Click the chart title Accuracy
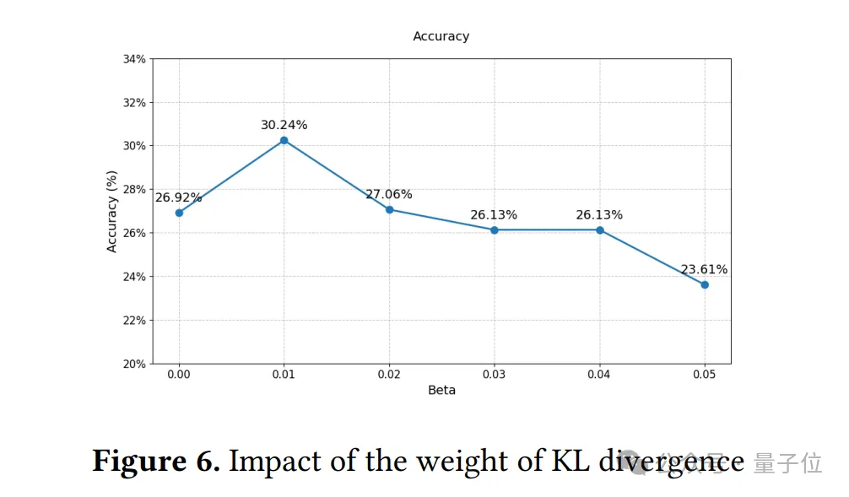tap(441, 36)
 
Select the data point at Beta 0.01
tap(284, 140)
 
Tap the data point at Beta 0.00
tap(179, 213)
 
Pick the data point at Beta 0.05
tap(705, 284)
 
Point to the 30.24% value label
tap(284, 125)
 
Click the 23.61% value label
tap(704, 270)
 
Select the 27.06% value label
tap(388, 195)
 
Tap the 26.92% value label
tap(178, 198)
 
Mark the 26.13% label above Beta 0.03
tap(494, 215)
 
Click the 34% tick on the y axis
tap(135, 59)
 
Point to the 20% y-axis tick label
tap(135, 364)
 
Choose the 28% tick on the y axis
tap(135, 189)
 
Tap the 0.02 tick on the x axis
tap(389, 375)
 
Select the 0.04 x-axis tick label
tap(599, 375)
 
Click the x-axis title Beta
tap(441, 391)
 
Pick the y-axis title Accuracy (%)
tap(112, 211)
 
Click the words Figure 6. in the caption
tap(155, 462)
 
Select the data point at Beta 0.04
tap(599, 230)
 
